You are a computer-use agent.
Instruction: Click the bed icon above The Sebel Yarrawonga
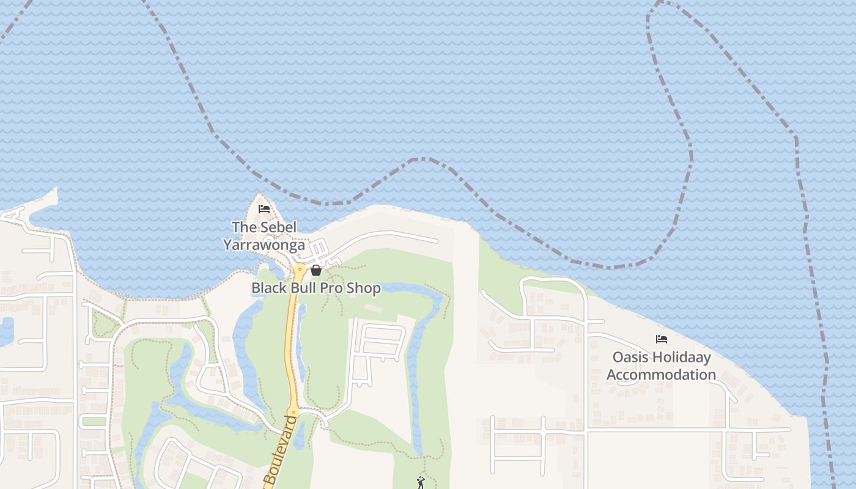tap(264, 209)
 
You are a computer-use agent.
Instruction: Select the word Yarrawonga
tap(264, 245)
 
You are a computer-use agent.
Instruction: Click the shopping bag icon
tap(316, 270)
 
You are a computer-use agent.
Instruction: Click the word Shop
tap(364, 288)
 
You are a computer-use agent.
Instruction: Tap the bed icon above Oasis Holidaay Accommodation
tap(661, 339)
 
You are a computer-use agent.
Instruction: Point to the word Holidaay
tap(684, 357)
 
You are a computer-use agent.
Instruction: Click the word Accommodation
tap(661, 375)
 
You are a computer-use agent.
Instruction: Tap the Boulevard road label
tap(280, 451)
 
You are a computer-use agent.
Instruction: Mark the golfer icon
tap(420, 483)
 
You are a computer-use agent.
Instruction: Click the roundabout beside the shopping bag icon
tap(300, 268)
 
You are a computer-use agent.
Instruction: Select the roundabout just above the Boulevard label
tap(293, 411)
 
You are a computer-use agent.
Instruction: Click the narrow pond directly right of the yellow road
tap(300, 342)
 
